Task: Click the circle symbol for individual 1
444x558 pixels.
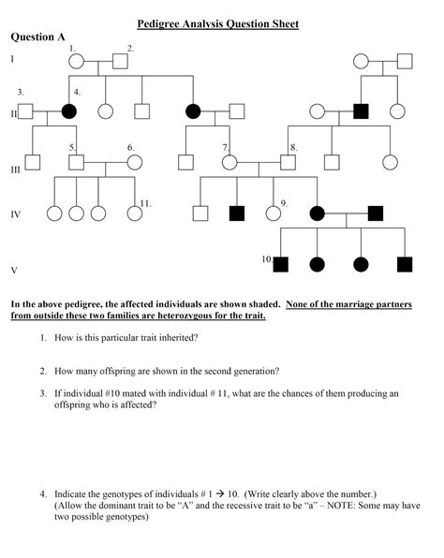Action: pos(77,63)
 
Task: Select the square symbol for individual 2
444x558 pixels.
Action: pos(120,63)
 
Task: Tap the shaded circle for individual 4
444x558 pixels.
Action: pos(68,111)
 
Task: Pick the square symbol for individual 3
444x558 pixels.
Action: pos(26,111)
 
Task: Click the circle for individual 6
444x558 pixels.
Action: pos(135,161)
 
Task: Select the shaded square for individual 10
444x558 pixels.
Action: pos(280,263)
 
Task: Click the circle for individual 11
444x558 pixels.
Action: pos(135,213)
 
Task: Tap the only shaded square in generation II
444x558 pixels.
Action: pos(361,111)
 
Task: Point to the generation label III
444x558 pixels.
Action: pos(15,170)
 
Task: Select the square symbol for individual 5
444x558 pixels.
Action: pos(77,161)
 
